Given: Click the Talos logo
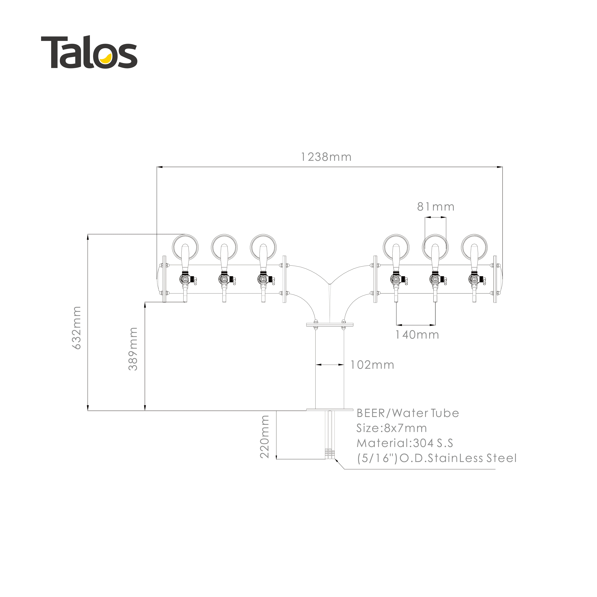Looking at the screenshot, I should point(89,52).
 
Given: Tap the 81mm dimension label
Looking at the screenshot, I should point(436,207).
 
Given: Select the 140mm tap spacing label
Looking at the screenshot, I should point(417,335).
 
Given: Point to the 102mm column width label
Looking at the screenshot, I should point(372,365).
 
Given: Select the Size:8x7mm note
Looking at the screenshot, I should point(391,428).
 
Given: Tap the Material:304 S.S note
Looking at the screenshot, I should point(405,443).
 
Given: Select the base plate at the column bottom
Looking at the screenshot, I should point(329,410).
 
